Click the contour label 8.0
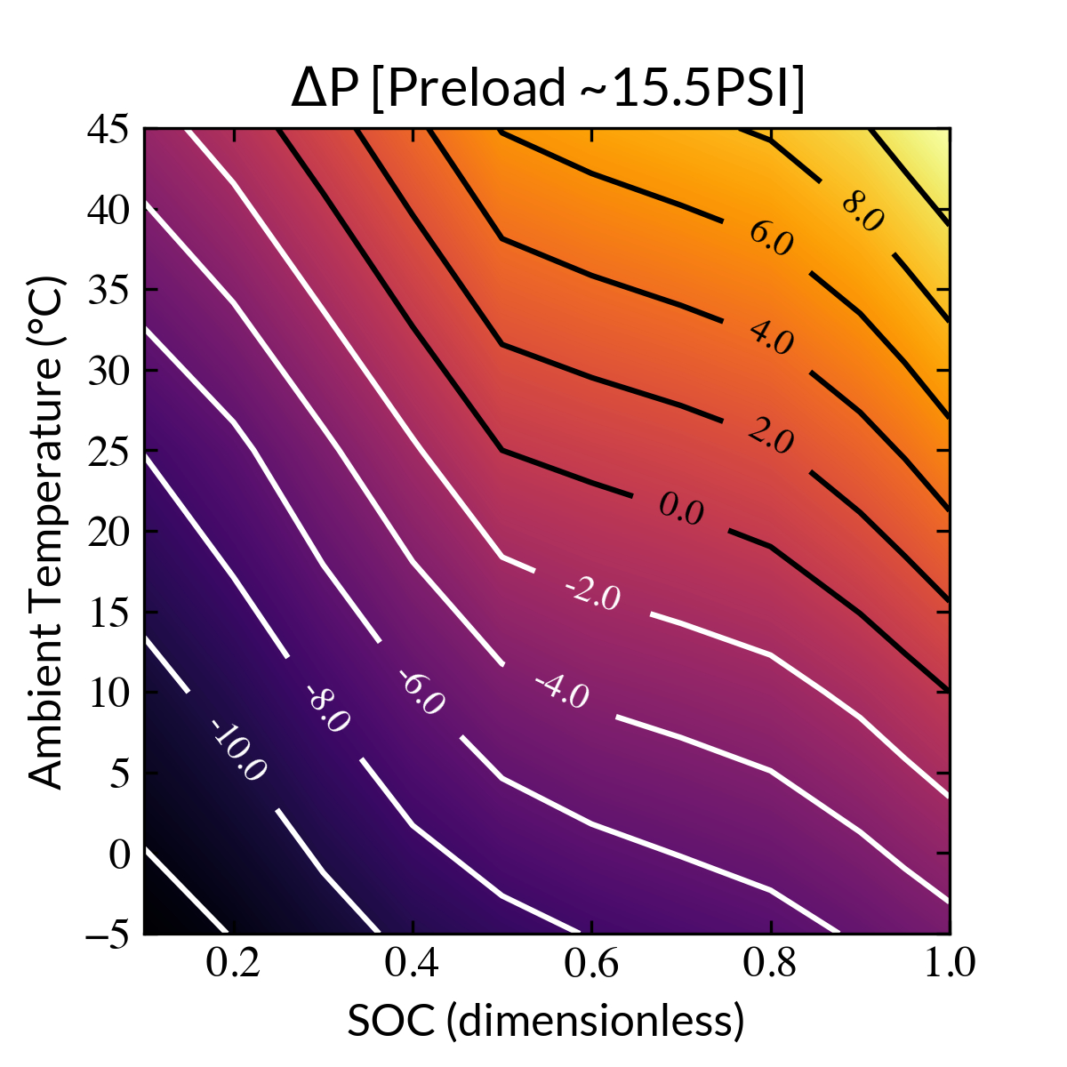[862, 212]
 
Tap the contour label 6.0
[771, 239]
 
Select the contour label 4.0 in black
[771, 338]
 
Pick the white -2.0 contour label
[592, 593]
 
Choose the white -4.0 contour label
[562, 691]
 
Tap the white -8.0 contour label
[327, 709]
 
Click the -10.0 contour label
[237, 750]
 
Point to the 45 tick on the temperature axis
[108, 129]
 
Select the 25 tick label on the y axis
[108, 451]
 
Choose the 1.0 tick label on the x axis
[950, 964]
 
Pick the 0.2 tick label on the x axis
[233, 964]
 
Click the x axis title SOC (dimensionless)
[545, 1022]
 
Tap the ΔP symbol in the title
[324, 89]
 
